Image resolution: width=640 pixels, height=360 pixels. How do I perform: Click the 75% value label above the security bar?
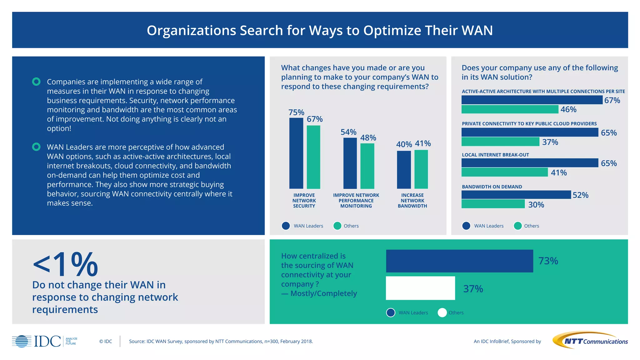[296, 112]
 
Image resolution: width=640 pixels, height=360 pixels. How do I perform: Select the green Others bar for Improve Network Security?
[313, 157]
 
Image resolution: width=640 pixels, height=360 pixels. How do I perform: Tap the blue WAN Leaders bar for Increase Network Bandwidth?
[404, 170]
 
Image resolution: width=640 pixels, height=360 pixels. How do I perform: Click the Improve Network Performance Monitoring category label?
[356, 201]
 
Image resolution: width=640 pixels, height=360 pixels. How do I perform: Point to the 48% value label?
[368, 138]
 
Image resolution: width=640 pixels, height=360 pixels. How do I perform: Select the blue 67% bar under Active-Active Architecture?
[532, 100]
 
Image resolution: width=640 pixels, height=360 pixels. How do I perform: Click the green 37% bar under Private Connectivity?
[500, 142]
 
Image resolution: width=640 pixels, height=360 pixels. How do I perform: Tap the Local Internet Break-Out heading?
[495, 155]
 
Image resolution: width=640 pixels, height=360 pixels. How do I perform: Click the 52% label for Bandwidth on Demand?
[580, 195]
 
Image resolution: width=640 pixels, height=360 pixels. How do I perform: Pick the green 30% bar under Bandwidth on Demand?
[493, 204]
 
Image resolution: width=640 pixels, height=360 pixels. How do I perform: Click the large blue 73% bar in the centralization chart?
[459, 261]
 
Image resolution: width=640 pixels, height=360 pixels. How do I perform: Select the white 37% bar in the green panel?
[420, 288]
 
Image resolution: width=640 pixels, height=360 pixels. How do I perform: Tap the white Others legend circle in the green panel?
[442, 312]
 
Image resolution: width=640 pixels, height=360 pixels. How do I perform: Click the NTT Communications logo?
[590, 340]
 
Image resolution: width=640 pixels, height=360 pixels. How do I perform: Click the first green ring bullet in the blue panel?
[36, 82]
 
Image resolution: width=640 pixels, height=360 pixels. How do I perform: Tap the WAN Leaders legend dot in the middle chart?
[286, 226]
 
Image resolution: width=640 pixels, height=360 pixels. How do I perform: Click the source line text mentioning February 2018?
[221, 341]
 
